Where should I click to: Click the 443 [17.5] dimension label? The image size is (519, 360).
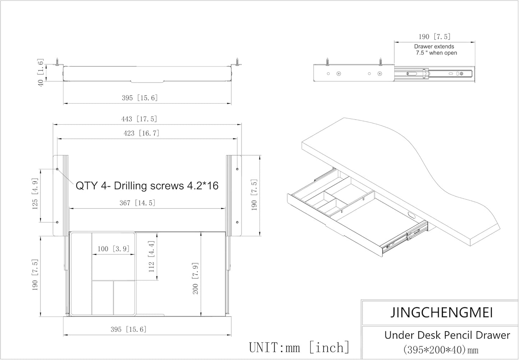point(139,119)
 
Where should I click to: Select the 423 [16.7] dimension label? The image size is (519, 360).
point(142,133)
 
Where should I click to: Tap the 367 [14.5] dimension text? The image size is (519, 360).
point(138,203)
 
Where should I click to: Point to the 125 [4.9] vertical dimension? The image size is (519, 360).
point(35,194)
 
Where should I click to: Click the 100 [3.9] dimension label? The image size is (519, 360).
point(113,249)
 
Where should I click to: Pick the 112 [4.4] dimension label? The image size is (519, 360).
point(151,257)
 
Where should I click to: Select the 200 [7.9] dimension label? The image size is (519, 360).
point(195,278)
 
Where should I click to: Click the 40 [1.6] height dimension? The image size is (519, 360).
point(41,73)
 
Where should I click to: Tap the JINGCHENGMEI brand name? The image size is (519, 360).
point(442,313)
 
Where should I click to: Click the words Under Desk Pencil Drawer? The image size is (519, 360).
point(447,335)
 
